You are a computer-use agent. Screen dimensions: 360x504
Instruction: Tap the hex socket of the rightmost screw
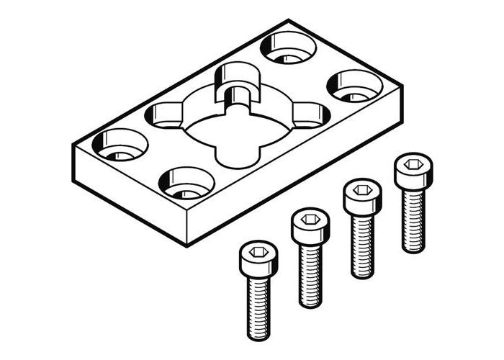pyautogui.click(x=413, y=164)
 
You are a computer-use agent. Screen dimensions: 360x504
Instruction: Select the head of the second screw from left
pyautogui.click(x=310, y=225)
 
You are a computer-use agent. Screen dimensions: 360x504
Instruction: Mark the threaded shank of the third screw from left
pyautogui.click(x=362, y=245)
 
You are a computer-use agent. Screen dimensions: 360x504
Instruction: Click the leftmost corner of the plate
pyautogui.click(x=73, y=146)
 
